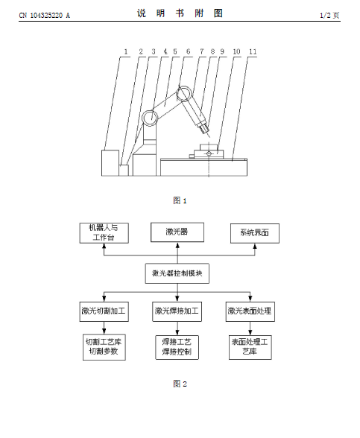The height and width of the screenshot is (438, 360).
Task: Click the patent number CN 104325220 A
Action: coord(45,15)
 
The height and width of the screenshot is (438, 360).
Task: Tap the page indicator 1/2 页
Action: coord(329,15)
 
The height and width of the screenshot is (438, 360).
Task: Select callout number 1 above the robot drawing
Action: coord(126,51)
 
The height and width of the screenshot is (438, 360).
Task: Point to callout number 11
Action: coord(253,51)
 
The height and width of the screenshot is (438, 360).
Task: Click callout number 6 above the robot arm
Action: coord(188,51)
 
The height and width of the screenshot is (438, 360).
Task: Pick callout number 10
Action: coord(236,51)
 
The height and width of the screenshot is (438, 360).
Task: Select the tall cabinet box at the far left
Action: coord(110,163)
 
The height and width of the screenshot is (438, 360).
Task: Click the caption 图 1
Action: coord(180,200)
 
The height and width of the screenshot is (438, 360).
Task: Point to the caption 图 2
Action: coord(180,384)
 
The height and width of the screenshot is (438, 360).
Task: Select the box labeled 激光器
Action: coord(177,232)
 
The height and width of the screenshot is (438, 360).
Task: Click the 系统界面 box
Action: coord(255,233)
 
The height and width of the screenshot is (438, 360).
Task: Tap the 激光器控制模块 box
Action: coord(177,273)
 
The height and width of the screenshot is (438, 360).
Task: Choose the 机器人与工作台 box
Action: coord(104,233)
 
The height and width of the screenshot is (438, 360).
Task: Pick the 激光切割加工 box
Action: coord(104,311)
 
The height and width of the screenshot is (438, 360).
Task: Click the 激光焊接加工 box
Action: coord(177,311)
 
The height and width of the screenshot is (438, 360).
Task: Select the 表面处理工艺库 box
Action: coord(250,347)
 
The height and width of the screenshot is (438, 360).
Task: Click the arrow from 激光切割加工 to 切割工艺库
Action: coord(104,328)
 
